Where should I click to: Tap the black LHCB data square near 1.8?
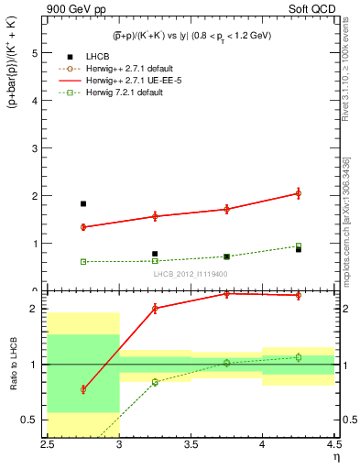tap(82, 203)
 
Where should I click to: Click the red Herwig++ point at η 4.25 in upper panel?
tap(298, 193)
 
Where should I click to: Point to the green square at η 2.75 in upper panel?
tap(82, 261)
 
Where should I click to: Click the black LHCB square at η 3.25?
tap(155, 254)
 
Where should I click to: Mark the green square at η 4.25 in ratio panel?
tap(298, 357)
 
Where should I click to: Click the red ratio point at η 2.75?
tap(82, 389)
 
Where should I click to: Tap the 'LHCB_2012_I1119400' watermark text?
tap(190, 273)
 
